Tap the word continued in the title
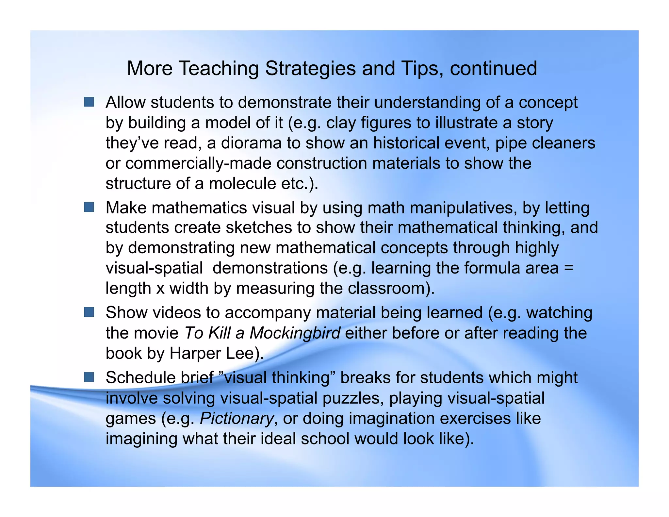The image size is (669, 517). pyautogui.click(x=493, y=69)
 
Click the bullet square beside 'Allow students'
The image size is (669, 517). pyautogui.click(x=89, y=102)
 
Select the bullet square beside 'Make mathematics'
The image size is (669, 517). pyautogui.click(x=89, y=207)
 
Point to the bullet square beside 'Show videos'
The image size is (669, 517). pyautogui.click(x=89, y=312)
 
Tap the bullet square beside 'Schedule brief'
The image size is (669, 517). pyautogui.click(x=89, y=377)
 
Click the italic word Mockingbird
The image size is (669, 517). pyautogui.click(x=295, y=333)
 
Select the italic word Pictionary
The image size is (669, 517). pyautogui.click(x=237, y=419)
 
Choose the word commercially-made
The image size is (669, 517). pyautogui.click(x=198, y=163)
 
